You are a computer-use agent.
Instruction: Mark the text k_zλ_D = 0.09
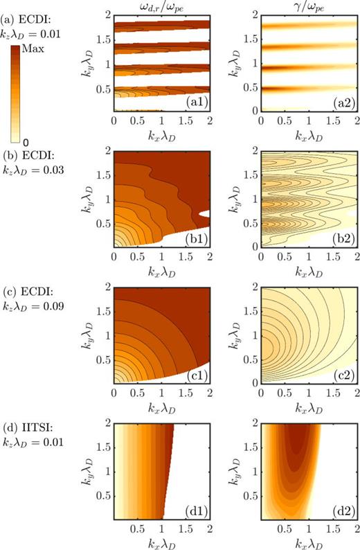click(x=35, y=301)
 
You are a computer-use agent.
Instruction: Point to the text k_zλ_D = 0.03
click(x=35, y=166)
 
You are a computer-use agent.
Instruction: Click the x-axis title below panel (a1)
click(x=162, y=133)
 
